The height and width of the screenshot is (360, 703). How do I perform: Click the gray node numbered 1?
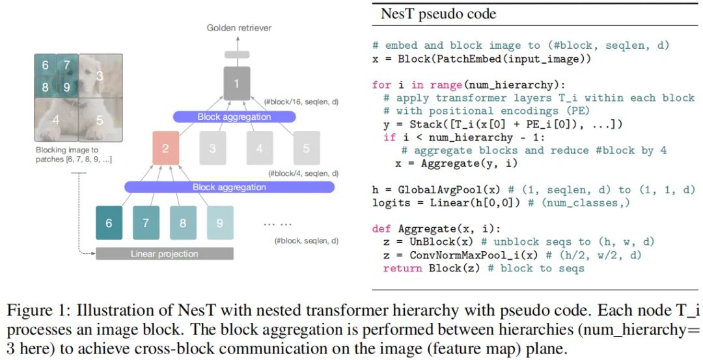pyautogui.click(x=237, y=83)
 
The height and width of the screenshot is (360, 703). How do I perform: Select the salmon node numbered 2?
pyautogui.click(x=166, y=148)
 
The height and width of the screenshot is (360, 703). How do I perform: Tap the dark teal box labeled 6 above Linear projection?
pyautogui.click(x=109, y=223)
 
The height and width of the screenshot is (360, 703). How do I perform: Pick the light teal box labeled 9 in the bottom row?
pyautogui.click(x=220, y=223)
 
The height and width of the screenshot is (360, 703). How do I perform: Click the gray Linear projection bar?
pyautogui.click(x=165, y=254)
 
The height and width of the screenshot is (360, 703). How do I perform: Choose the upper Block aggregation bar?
pyautogui.click(x=234, y=117)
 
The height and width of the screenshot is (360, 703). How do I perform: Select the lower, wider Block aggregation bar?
pyautogui.click(x=229, y=187)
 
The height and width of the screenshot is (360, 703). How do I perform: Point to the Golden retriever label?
pyautogui.click(x=239, y=28)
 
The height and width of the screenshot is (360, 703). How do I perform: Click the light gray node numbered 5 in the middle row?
pyautogui.click(x=307, y=148)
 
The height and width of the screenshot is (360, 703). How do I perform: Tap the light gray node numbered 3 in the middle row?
pyautogui.click(x=212, y=148)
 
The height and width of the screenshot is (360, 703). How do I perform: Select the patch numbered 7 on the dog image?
pyautogui.click(x=67, y=65)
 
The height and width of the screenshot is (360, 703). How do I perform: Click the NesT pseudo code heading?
pyautogui.click(x=439, y=14)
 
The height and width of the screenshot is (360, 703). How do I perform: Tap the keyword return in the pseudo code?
pyautogui.click(x=403, y=269)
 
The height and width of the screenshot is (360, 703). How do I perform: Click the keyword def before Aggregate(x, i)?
pyautogui.click(x=381, y=229)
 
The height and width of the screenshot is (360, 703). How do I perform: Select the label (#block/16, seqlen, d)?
pyautogui.click(x=301, y=102)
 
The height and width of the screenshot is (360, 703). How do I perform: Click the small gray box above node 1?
pyautogui.click(x=237, y=55)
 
